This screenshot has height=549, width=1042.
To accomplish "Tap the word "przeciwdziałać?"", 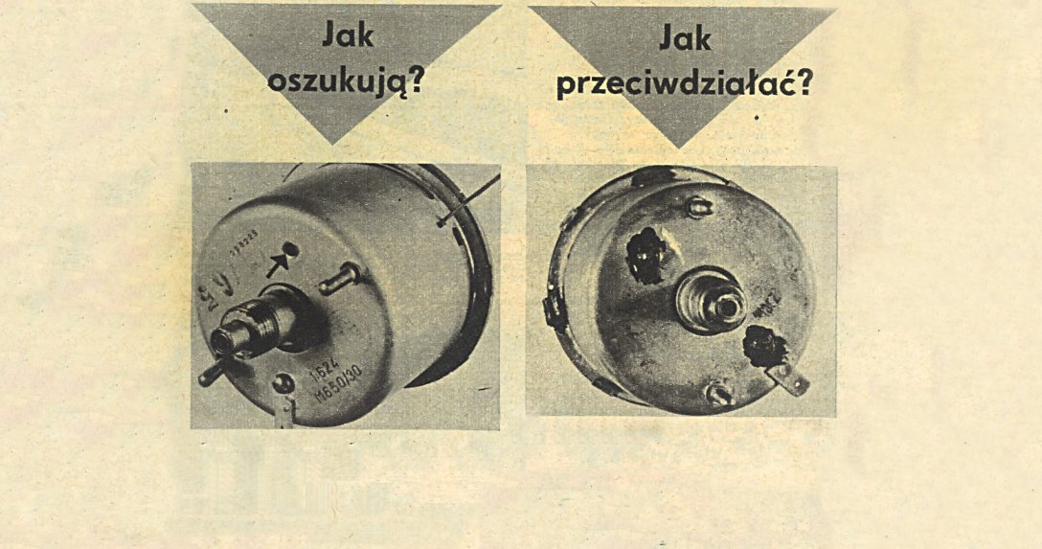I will tap(685, 84).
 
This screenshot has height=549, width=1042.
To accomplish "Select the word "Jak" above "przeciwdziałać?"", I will tap(685, 37).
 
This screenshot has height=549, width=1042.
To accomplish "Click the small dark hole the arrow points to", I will tap(292, 251).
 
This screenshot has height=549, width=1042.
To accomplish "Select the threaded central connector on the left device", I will tap(251, 326).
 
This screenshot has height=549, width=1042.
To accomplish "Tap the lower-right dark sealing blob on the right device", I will tap(764, 346).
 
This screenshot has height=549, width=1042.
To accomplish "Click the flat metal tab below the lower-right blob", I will tap(791, 379).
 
